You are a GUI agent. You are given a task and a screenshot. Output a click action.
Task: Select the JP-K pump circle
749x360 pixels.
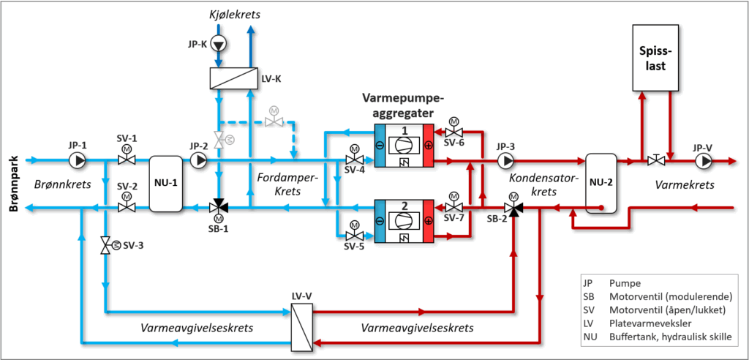[218, 44]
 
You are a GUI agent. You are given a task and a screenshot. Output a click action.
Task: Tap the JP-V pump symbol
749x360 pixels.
[704, 160]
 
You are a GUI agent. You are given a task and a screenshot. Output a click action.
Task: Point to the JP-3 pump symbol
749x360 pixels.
[505, 160]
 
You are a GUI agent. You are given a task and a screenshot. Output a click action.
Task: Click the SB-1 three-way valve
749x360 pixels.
[218, 208]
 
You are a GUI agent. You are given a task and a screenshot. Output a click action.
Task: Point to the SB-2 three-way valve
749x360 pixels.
[515, 208]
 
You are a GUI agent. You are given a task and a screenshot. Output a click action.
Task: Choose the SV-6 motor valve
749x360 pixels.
[453, 132]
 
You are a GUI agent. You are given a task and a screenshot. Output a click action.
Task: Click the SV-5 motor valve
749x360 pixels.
[354, 235]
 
